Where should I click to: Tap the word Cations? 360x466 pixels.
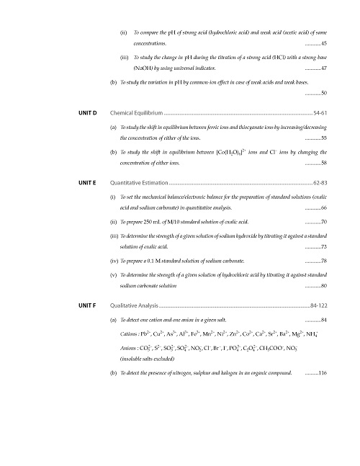pos(130,336)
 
